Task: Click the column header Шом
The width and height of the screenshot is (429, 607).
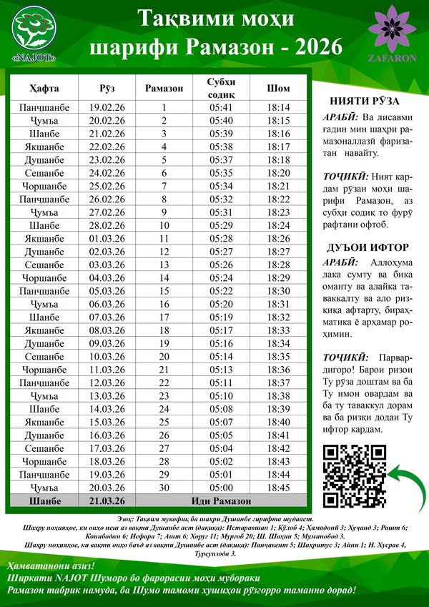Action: pos(278,89)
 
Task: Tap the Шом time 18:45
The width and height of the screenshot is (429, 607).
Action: pos(278,487)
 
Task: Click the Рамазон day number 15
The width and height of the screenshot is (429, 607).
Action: pos(164,291)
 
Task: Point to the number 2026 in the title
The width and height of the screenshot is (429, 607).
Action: pos(315,48)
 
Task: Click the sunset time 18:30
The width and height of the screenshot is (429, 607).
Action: pos(278,291)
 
